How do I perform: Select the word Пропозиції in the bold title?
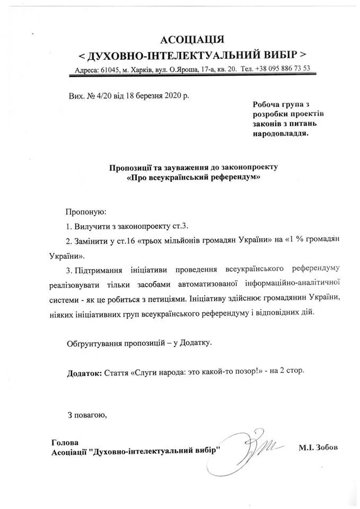129,167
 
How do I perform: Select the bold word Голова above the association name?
65,442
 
